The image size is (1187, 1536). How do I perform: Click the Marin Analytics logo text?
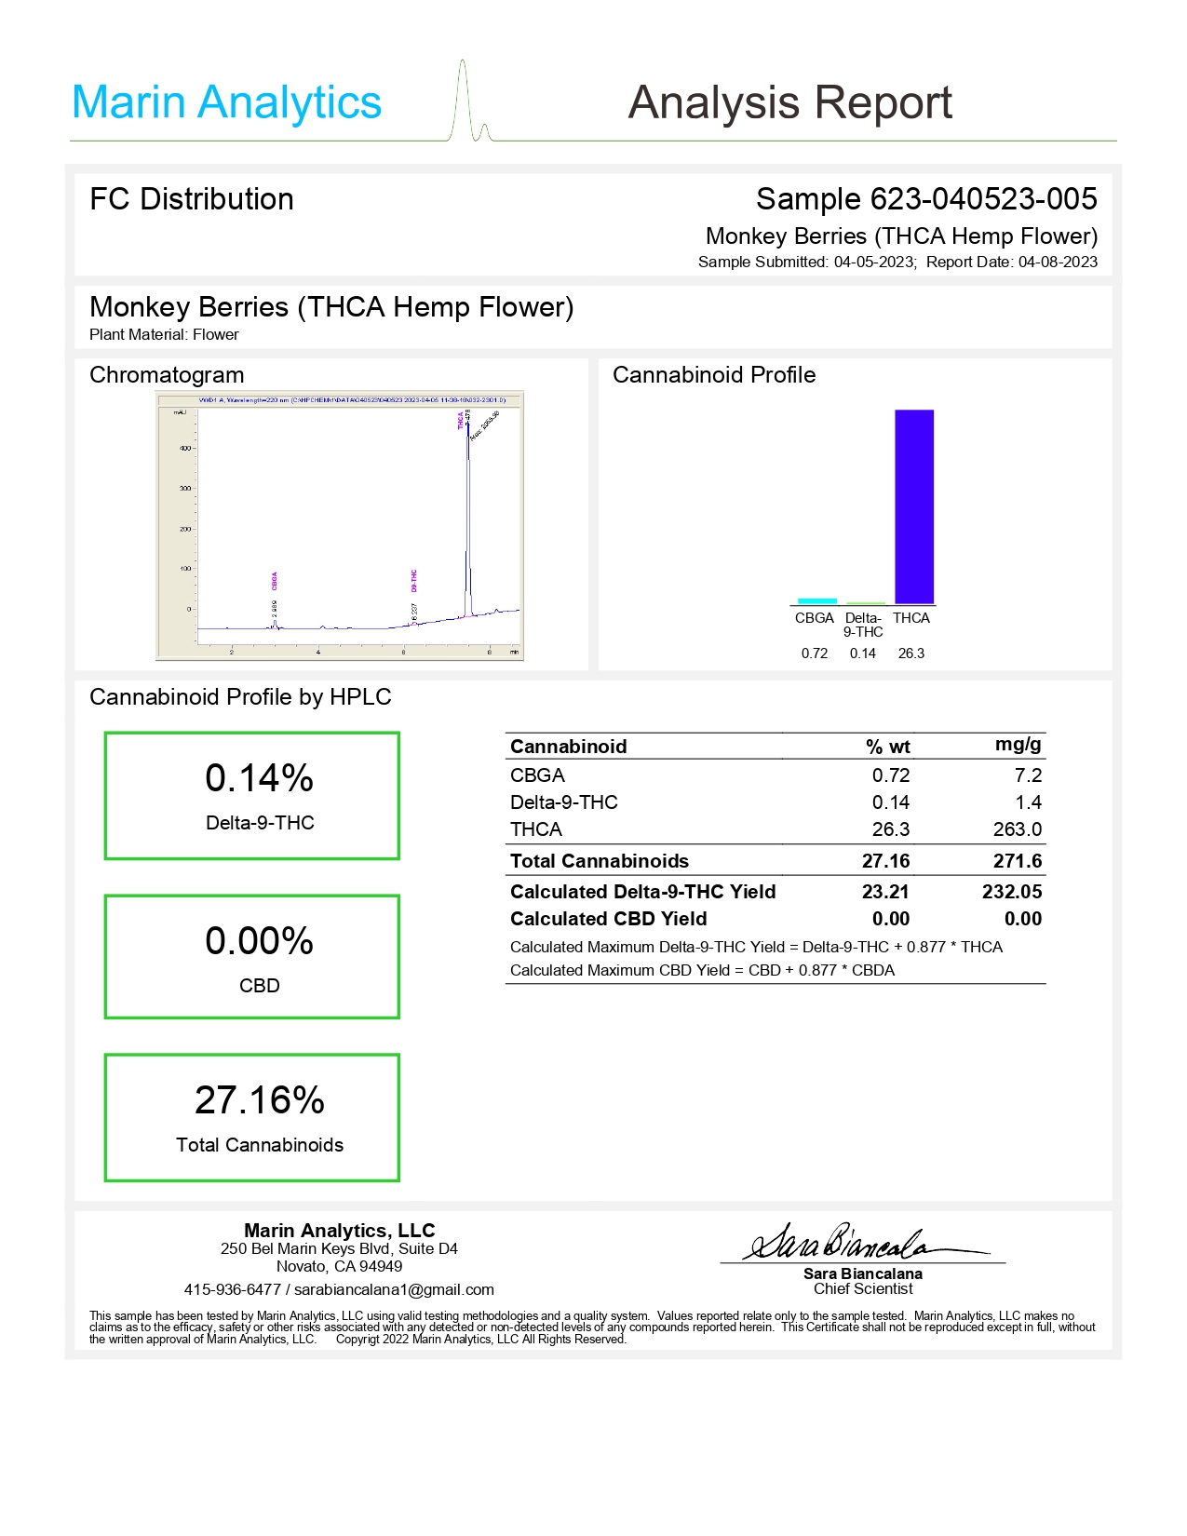coord(226,102)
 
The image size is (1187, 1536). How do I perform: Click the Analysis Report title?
coord(789,102)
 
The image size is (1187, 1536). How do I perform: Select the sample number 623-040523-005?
coord(983,199)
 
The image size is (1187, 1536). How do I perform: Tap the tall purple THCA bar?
coord(913,506)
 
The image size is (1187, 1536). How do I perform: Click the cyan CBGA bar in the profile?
coord(816,601)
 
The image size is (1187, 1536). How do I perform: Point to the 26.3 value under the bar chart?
coord(910,653)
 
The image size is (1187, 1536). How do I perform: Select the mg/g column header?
coord(1018,744)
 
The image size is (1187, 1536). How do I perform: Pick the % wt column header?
coord(887,747)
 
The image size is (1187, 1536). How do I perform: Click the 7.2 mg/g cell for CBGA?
coord(1028,775)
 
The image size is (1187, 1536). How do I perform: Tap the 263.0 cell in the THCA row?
coord(1017,829)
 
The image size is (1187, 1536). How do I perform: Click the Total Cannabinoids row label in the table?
coord(599,861)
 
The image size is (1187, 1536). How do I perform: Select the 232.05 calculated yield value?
coord(1011,892)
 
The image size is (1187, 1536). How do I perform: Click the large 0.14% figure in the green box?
coord(259,778)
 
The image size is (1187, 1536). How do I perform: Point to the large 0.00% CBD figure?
coord(259,941)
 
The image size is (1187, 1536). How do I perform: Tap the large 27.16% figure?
coord(259,1100)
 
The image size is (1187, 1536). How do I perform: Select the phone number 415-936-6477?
coord(232,1289)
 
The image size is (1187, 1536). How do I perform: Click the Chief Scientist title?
coord(862,1289)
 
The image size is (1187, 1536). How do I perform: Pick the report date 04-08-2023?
coord(1058,263)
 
